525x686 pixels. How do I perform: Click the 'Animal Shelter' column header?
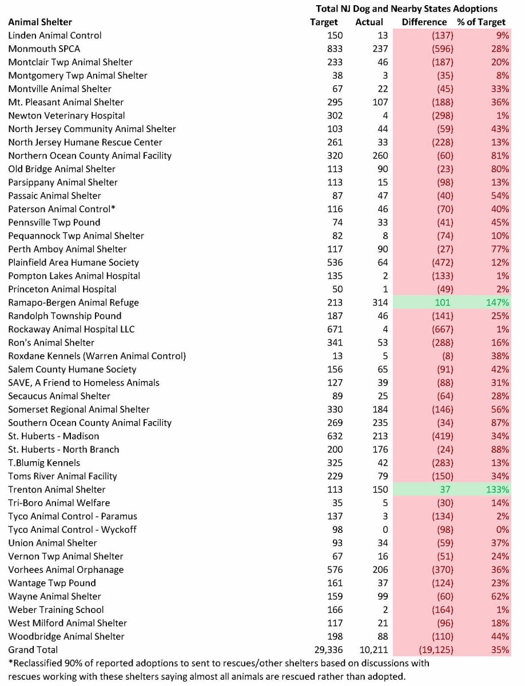click(x=40, y=22)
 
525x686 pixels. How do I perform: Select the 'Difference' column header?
click(x=424, y=22)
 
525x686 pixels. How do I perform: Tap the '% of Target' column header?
click(x=481, y=22)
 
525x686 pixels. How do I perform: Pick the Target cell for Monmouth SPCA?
click(x=335, y=49)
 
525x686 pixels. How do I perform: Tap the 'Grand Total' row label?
click(x=33, y=650)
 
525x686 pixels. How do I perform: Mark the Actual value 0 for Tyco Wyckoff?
click(x=384, y=530)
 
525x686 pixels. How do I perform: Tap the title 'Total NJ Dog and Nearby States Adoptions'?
click(x=407, y=9)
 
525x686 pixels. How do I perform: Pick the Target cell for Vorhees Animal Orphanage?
click(x=335, y=570)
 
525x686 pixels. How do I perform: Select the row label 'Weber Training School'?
click(x=56, y=610)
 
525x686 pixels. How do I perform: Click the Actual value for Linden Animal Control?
click(x=381, y=35)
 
